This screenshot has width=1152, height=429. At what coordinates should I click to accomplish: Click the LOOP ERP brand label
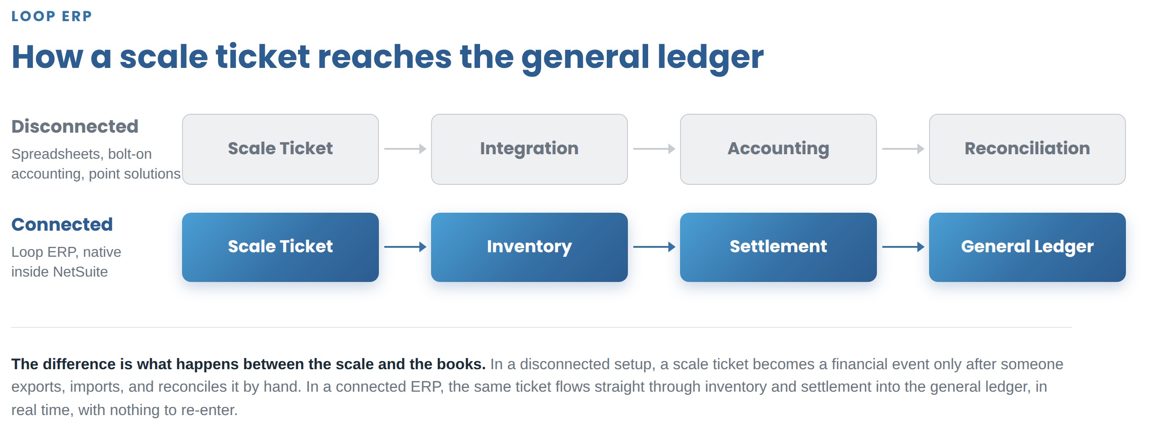click(x=52, y=16)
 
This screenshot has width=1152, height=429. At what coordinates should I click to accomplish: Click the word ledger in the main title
click(x=710, y=58)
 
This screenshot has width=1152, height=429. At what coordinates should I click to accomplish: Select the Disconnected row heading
click(x=75, y=126)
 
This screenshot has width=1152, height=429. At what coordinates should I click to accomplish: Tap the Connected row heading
click(x=62, y=224)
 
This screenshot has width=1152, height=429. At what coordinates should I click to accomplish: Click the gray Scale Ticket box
click(x=280, y=149)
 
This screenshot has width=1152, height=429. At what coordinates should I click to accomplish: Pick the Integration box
click(x=529, y=149)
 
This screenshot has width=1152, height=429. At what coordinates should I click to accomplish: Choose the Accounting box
click(x=778, y=149)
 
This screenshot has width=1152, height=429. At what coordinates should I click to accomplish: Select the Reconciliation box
click(x=1027, y=149)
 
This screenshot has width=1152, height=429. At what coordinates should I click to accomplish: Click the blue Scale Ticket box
click(x=280, y=247)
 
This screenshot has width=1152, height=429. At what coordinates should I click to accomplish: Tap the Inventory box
click(x=529, y=247)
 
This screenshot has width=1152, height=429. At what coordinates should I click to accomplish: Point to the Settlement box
click(x=778, y=247)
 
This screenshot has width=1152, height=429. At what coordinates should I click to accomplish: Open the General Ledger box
click(x=1027, y=247)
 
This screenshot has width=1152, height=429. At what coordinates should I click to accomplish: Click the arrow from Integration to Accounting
click(x=654, y=149)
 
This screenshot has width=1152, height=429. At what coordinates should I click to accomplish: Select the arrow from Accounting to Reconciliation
click(x=903, y=149)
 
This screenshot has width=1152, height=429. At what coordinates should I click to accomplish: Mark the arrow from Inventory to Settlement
click(x=654, y=247)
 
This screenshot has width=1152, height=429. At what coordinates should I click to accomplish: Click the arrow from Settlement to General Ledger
click(x=903, y=247)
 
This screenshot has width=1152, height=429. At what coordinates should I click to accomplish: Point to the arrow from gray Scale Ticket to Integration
click(x=405, y=149)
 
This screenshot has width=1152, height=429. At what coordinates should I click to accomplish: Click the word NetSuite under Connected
click(x=80, y=272)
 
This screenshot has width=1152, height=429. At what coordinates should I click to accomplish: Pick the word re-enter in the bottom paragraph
click(x=209, y=410)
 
